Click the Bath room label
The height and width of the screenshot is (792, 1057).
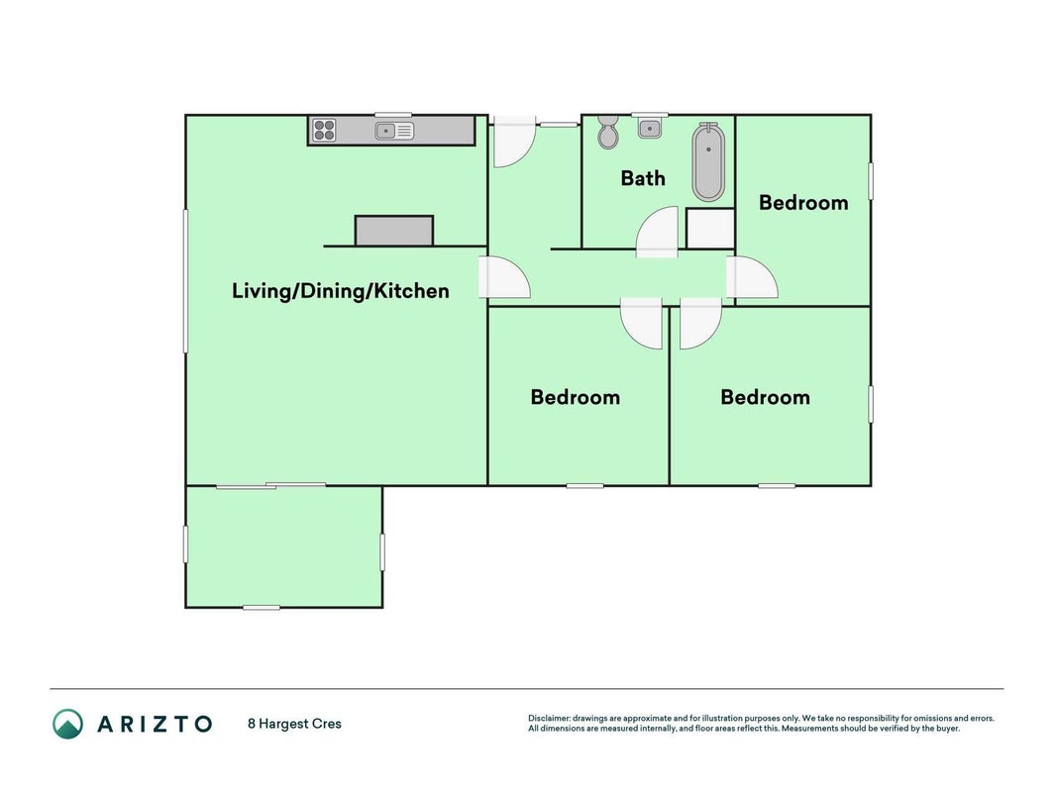643,178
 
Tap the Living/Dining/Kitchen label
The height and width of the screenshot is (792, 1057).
341,291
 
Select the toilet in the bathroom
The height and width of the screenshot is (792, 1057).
608,132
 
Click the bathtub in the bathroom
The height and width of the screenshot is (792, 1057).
708,162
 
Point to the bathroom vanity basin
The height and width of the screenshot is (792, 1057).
650,128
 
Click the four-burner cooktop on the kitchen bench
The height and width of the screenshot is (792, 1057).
324,130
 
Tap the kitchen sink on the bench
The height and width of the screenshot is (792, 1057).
394,131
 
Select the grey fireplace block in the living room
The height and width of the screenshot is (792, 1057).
394,231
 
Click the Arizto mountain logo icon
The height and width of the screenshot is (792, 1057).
68,724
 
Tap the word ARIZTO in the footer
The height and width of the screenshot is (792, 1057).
156,724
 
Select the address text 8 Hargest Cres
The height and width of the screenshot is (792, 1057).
294,724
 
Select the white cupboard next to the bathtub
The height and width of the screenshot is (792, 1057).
710,229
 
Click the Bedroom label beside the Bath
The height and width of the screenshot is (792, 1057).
803,203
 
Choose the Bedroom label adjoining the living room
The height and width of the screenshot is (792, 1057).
575,397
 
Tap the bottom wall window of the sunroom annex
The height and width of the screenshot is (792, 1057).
262,608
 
